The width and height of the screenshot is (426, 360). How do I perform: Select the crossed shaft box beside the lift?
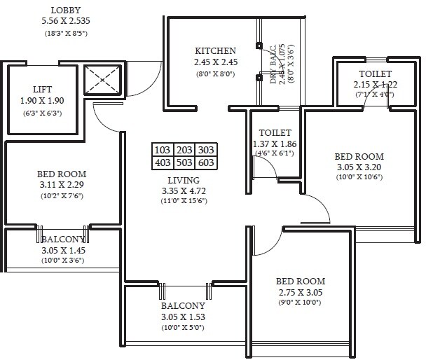[x=102, y=81]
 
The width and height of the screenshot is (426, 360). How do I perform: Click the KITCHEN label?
[x=215, y=51]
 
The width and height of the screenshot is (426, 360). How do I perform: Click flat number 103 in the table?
[x=163, y=150]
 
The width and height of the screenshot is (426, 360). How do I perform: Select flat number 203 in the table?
[x=184, y=150]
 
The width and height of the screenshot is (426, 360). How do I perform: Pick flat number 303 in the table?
[x=207, y=150]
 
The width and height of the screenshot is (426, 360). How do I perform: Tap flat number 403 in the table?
[x=163, y=163]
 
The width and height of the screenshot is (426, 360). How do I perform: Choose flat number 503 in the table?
[x=184, y=163]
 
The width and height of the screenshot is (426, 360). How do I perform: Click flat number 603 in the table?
[x=207, y=163]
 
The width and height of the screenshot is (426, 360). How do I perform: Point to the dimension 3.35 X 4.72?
[x=182, y=191]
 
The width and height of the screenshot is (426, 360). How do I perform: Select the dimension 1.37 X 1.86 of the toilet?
[x=275, y=144]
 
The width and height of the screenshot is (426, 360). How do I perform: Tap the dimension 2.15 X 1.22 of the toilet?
[x=375, y=85]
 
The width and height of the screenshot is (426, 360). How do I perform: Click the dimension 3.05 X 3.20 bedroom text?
[x=358, y=168]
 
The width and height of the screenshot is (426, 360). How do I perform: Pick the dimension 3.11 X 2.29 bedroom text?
[x=62, y=185]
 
